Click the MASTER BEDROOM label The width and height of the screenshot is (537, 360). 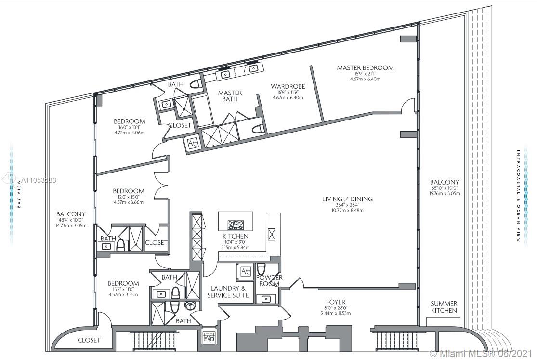tap(365, 68)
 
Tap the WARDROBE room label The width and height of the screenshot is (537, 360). tap(288, 86)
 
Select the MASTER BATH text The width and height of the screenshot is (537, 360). tap(230, 96)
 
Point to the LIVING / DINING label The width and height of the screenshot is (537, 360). tap(347, 199)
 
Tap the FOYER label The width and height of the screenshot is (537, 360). tap(335, 302)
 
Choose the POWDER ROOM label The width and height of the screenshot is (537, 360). tap(269, 280)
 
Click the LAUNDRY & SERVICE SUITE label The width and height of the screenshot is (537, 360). tap(228, 292)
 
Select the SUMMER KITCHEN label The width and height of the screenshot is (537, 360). tap(444, 307)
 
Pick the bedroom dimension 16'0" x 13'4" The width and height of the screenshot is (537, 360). tap(129, 127)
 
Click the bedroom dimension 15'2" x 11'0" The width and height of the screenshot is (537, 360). tap(123, 290)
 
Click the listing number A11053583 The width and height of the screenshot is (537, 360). tap(39, 180)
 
